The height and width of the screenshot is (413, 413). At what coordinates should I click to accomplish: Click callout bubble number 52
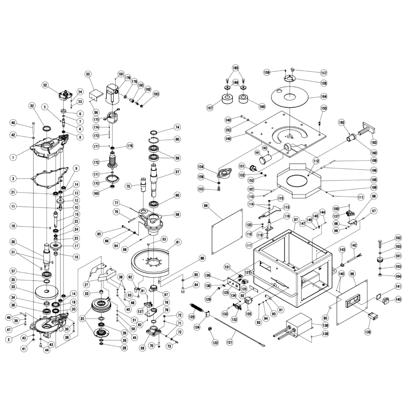(46, 85)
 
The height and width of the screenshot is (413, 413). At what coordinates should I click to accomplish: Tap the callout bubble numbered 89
(206, 205)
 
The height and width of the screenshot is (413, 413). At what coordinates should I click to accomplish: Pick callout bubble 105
(374, 180)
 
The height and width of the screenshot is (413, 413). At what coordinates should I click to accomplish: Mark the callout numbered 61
(178, 243)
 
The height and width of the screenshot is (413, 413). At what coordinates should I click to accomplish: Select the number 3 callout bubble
(13, 178)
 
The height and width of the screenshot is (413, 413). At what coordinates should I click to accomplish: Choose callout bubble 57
(177, 172)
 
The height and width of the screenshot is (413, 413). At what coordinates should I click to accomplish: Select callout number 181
(120, 74)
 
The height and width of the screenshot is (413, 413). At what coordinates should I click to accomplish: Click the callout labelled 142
(354, 245)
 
